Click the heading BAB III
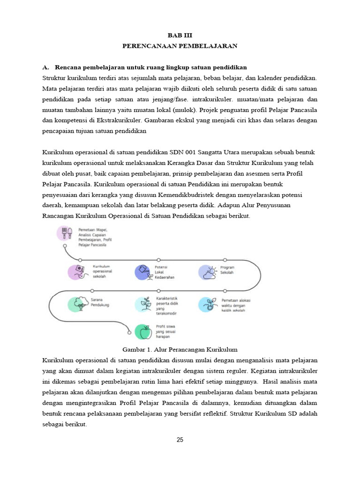coord(180,35)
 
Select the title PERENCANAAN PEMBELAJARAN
coord(180,46)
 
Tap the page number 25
coord(180,440)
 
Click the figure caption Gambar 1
coord(180,349)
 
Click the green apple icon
coord(143,331)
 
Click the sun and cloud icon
coord(207,272)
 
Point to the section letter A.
coord(45,67)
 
